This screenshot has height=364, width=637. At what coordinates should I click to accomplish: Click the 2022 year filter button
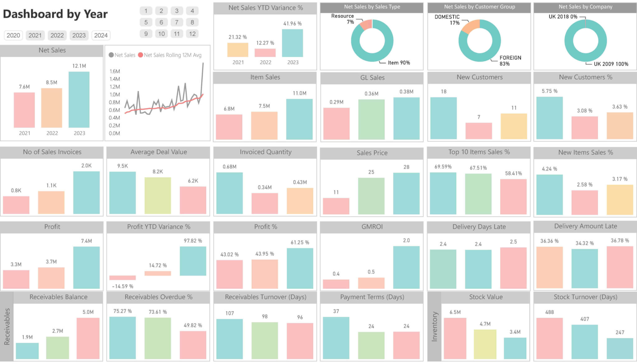click(57, 35)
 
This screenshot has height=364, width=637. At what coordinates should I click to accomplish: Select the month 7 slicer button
click(177, 22)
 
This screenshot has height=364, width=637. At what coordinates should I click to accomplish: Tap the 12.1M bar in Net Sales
click(79, 100)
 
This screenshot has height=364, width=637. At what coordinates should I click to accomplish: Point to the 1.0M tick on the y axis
click(114, 94)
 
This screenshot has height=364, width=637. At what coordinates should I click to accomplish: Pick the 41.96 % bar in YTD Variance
click(292, 43)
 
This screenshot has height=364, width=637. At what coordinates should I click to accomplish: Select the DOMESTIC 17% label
click(447, 20)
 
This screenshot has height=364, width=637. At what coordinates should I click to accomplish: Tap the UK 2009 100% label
click(611, 64)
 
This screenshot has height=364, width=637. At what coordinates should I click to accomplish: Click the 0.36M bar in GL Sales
click(371, 119)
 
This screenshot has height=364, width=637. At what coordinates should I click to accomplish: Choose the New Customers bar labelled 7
click(479, 131)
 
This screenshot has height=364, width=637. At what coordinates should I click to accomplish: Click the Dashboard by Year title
click(55, 14)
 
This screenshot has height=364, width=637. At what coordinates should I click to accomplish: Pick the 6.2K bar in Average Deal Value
click(193, 200)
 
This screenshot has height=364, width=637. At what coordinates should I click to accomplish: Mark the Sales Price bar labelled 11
click(336, 206)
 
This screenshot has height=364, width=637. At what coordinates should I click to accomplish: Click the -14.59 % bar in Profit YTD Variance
click(123, 278)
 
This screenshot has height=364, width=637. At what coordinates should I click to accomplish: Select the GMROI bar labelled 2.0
click(406, 267)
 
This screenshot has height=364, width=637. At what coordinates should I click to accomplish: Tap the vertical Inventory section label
click(435, 326)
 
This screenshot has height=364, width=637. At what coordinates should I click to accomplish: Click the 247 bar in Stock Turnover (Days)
click(620, 348)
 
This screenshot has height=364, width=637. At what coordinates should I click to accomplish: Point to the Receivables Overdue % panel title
click(158, 297)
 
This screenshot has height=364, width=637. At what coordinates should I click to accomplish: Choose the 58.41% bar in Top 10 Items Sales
click(513, 197)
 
